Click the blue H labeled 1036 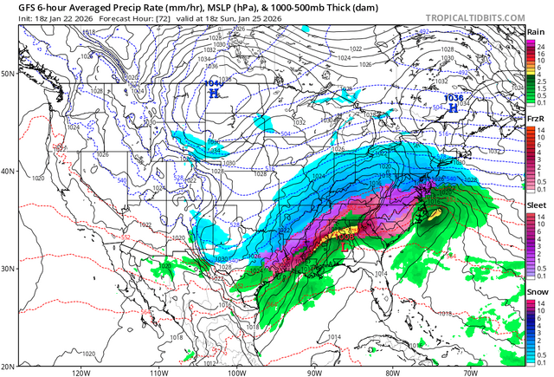point(453,107)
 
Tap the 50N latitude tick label point(9,74)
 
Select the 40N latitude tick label point(9,171)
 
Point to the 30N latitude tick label point(9,269)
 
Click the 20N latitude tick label point(9,366)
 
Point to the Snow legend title point(537,290)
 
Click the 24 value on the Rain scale point(541,42)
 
